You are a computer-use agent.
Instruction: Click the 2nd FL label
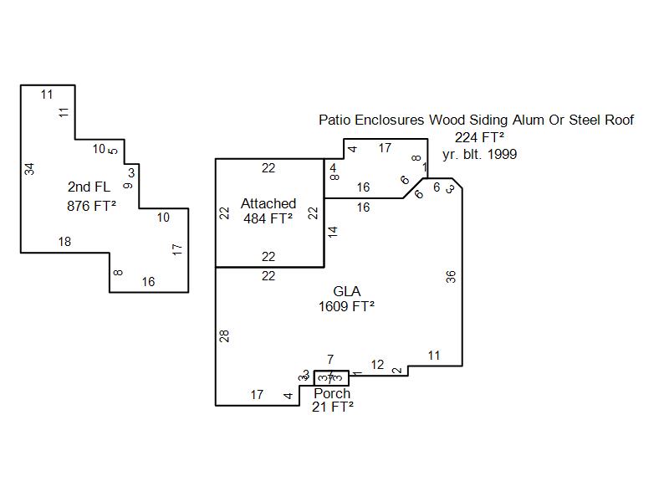click(x=89, y=187)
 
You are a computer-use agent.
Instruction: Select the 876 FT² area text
click(x=91, y=206)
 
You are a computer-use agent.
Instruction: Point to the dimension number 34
click(x=30, y=168)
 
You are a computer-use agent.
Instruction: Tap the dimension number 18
click(x=64, y=242)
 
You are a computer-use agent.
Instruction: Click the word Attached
click(x=268, y=203)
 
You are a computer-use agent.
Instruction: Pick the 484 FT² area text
click(x=268, y=219)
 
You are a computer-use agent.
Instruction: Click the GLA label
click(x=346, y=291)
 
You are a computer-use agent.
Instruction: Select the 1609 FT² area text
click(x=346, y=307)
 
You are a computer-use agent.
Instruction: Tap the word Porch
click(x=332, y=393)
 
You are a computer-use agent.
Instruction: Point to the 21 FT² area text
click(x=332, y=407)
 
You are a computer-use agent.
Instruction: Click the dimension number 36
click(x=452, y=277)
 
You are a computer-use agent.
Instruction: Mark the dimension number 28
click(x=225, y=336)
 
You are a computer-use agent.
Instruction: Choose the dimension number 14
click(x=333, y=232)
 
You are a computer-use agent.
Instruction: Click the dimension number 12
click(x=377, y=365)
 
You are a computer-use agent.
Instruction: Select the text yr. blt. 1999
click(x=479, y=154)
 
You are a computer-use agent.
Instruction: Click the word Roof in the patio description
click(x=618, y=120)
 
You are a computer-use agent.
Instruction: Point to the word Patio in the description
click(x=334, y=120)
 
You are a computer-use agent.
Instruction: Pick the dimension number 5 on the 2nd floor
click(x=115, y=151)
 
